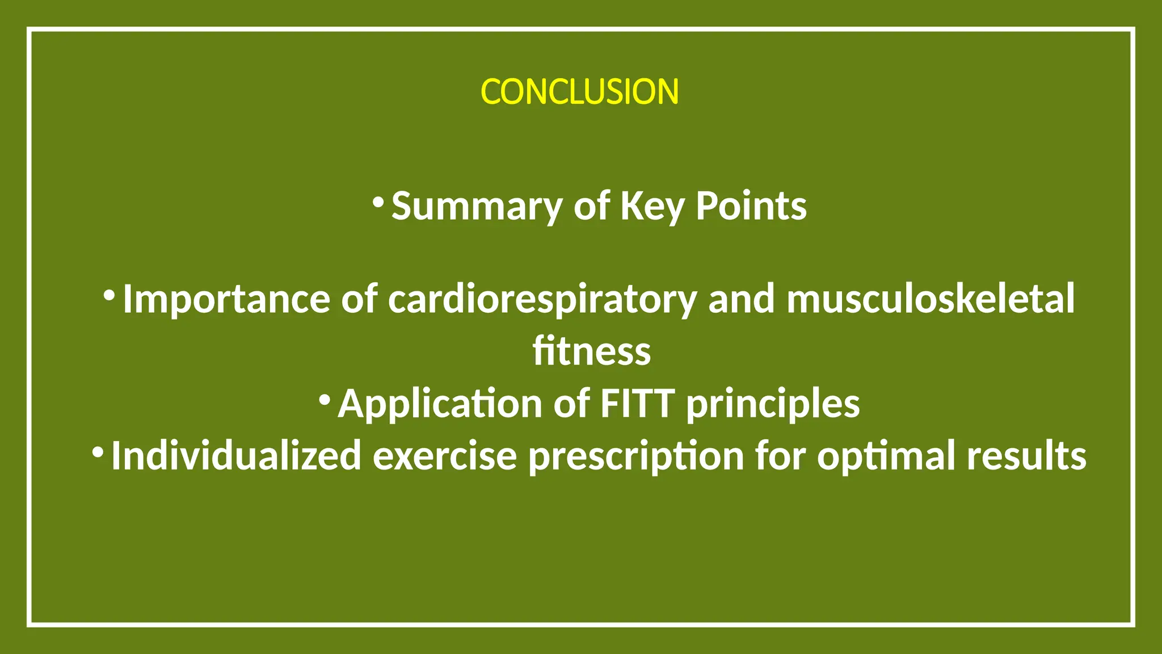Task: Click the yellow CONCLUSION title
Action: pyautogui.click(x=579, y=92)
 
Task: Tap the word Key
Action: pyautogui.click(x=652, y=207)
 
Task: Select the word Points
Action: pyautogui.click(x=751, y=206)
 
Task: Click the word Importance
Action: pyautogui.click(x=226, y=299)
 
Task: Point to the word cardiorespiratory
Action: pyautogui.click(x=542, y=299)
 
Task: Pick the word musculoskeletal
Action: pyautogui.click(x=930, y=299)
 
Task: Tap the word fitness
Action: pyautogui.click(x=591, y=351)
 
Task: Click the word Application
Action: pyautogui.click(x=440, y=404)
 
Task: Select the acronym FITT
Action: pyautogui.click(x=637, y=404)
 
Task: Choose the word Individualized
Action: pyautogui.click(x=236, y=456)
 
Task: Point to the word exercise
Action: pyautogui.click(x=445, y=456)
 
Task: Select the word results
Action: pyautogui.click(x=1026, y=456)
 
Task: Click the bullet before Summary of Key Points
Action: pyautogui.click(x=378, y=202)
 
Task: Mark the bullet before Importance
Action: pyautogui.click(x=110, y=295)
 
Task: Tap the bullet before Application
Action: pyautogui.click(x=325, y=400)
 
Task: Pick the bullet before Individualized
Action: pyautogui.click(x=98, y=452)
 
